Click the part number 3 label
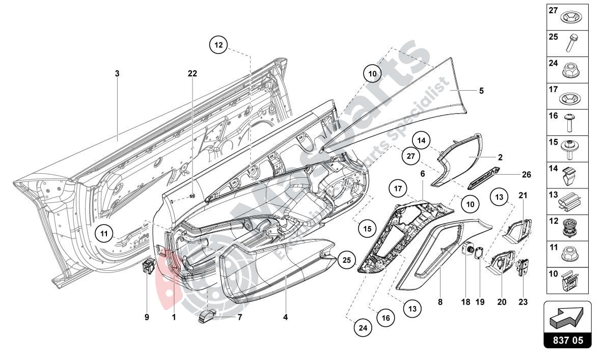pos(117,74)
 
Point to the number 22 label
pos(192,74)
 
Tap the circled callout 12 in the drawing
pos(218,45)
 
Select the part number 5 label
pos(481,91)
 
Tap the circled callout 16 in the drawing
pos(386,318)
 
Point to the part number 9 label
pos(147,317)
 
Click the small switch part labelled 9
pos(148,265)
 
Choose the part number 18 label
pos(465,302)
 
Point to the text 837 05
pos(568,340)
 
